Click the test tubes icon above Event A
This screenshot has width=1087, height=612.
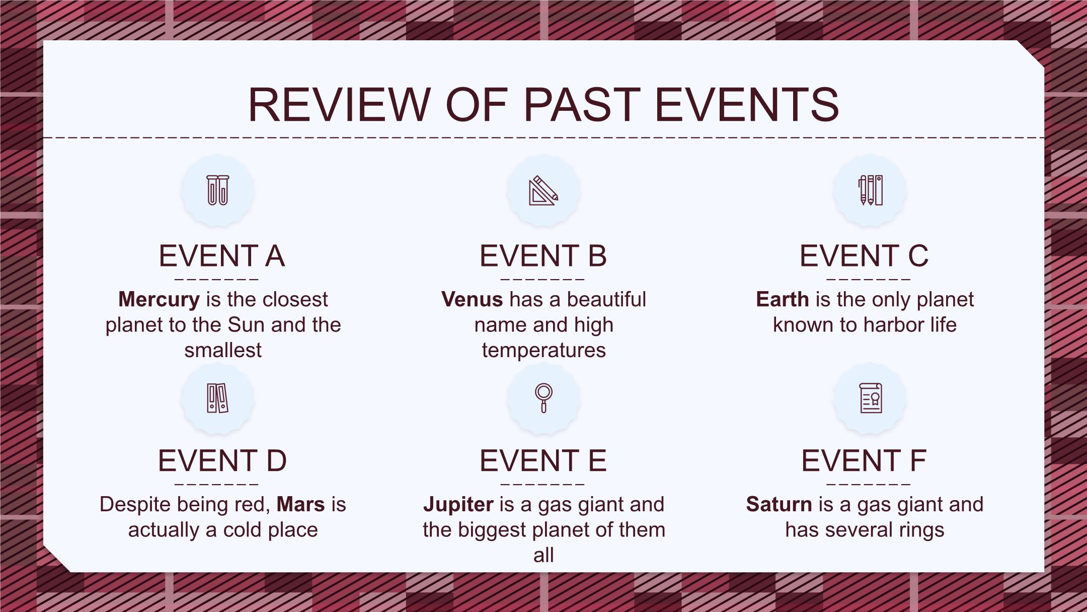point(218,190)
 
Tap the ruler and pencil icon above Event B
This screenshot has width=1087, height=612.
point(543,190)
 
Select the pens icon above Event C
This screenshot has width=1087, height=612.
point(871,190)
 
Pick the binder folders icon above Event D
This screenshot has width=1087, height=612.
point(218,398)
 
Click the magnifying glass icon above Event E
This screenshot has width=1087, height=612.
point(543,398)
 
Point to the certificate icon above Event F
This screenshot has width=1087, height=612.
point(871,398)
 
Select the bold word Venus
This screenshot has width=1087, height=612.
point(472,300)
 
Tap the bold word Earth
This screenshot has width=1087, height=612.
point(783,300)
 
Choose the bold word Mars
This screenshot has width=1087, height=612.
point(301,505)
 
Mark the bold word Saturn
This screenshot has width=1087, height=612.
point(779,505)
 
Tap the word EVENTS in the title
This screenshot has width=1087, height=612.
point(747,105)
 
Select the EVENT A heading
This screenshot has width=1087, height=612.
point(222,256)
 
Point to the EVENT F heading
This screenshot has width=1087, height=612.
point(864,461)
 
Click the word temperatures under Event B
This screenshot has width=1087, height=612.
point(544,351)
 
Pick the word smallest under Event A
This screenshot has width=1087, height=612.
point(223,351)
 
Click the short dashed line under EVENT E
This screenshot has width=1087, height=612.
point(543,485)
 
